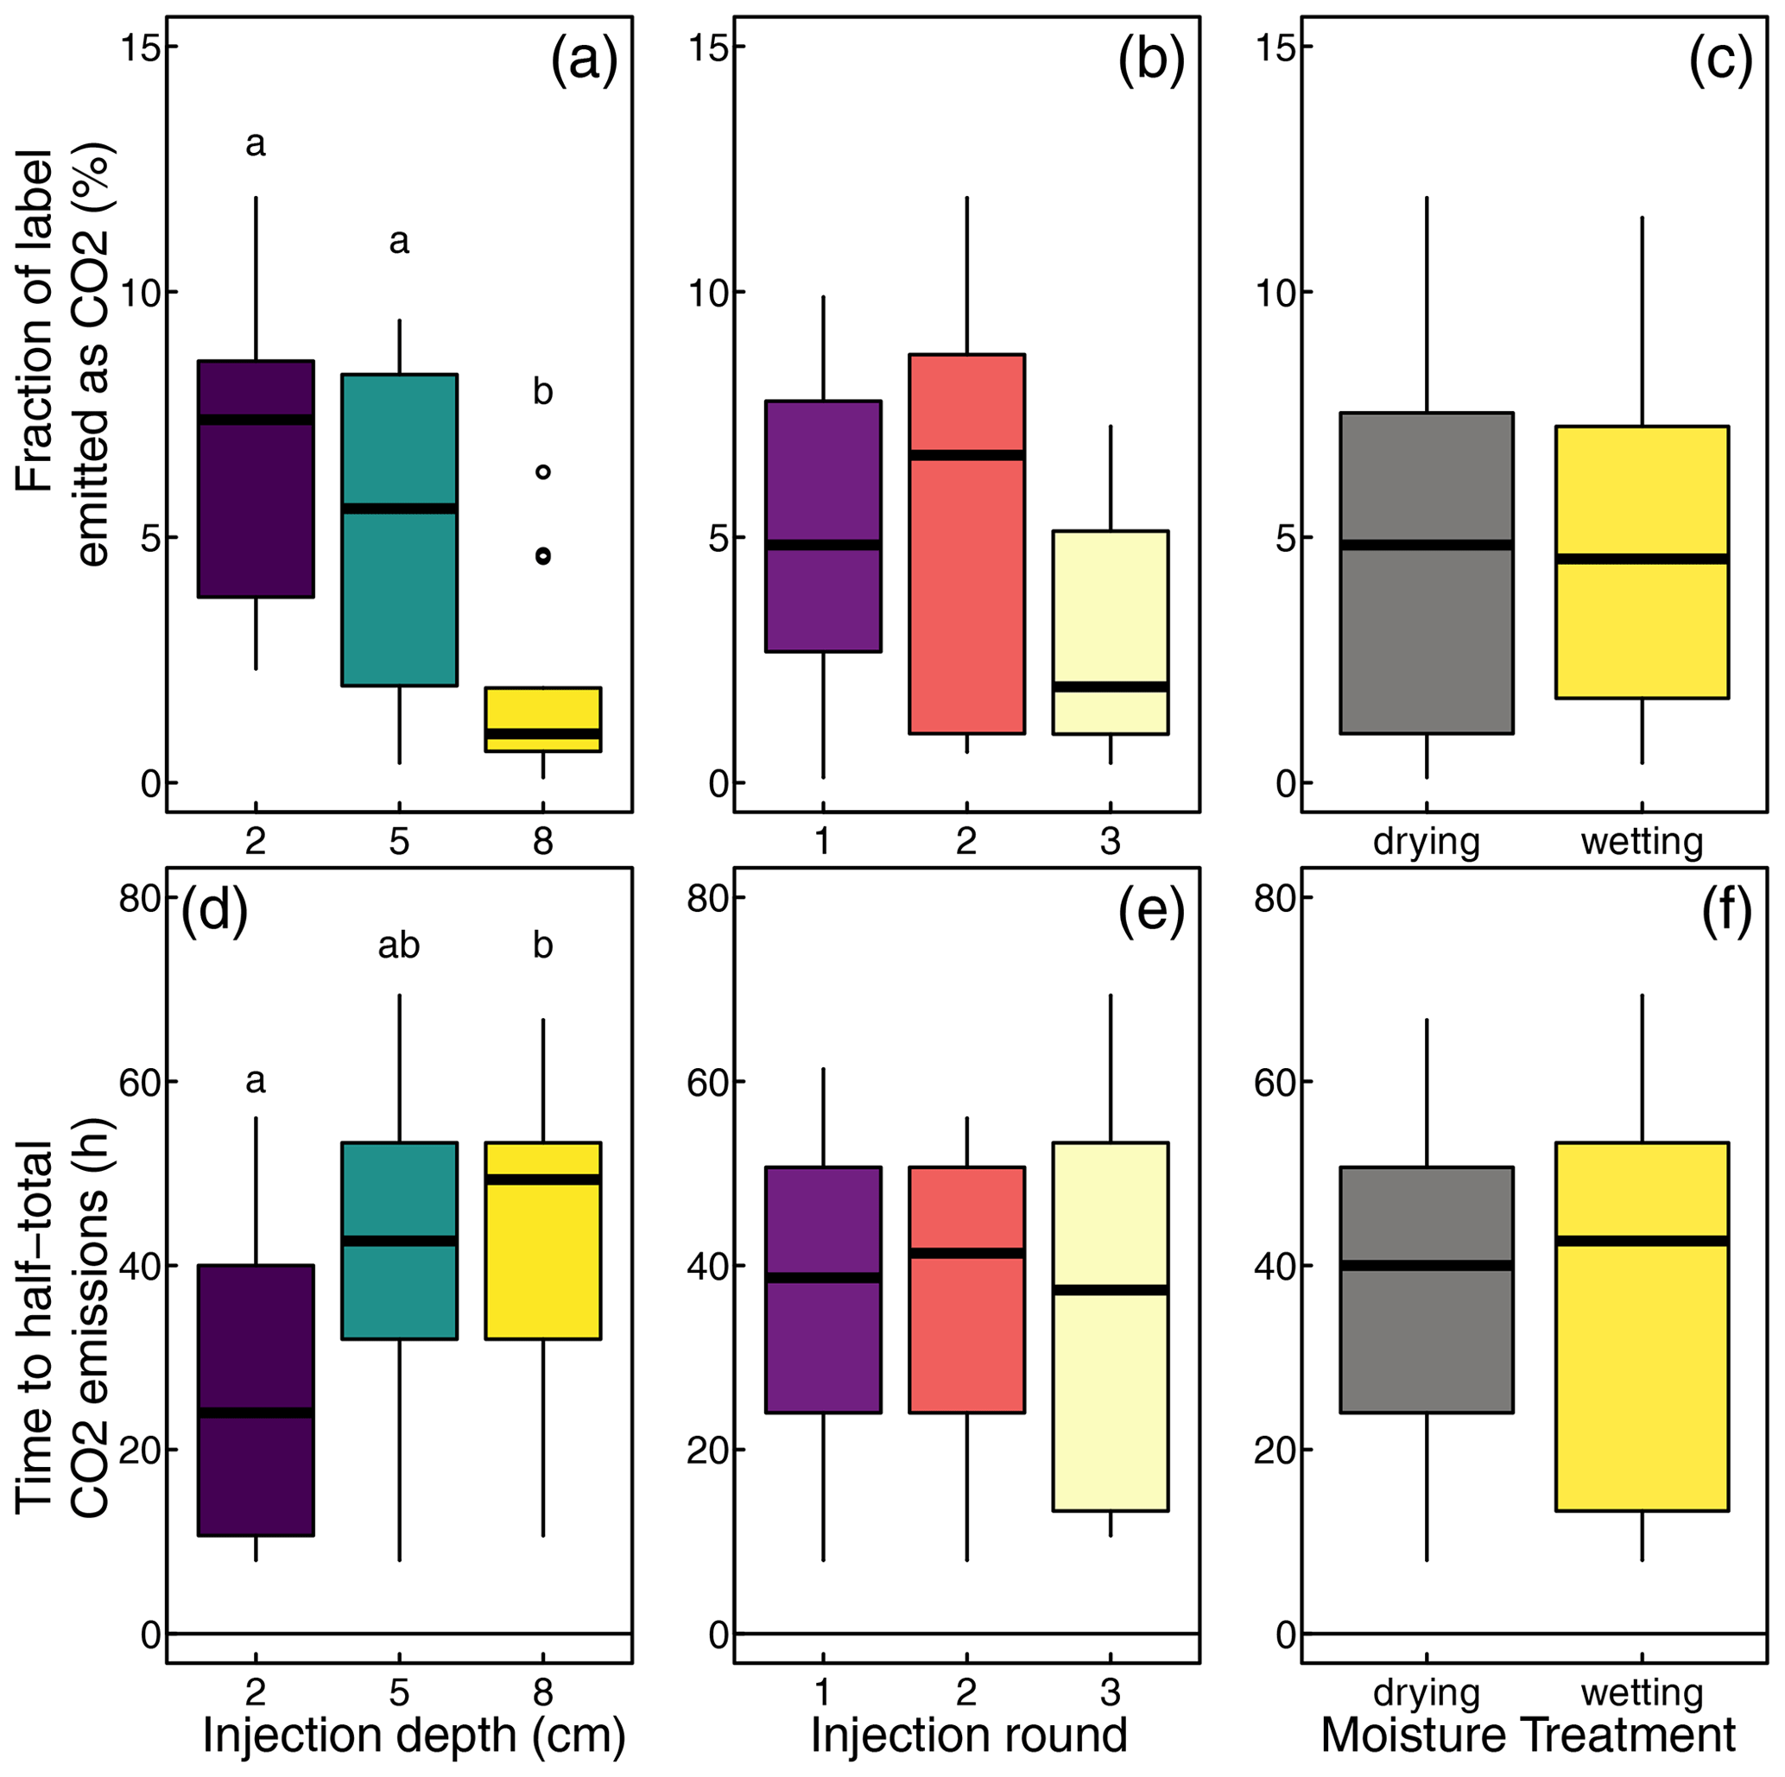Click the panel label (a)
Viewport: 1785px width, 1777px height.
tap(583, 63)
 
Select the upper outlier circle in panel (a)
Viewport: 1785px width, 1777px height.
tap(543, 472)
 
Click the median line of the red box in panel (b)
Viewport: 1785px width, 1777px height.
tap(966, 454)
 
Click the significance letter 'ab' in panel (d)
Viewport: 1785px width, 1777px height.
tap(399, 945)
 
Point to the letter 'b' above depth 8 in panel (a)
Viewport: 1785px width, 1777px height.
tap(543, 393)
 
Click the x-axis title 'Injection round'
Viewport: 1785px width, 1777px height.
tap(968, 1735)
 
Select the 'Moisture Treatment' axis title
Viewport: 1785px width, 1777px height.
tap(1529, 1735)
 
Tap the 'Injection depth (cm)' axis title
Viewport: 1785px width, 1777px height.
tap(414, 1735)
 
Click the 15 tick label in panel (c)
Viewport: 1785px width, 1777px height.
tap(1272, 48)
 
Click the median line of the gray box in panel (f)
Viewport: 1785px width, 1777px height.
tap(1427, 1265)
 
